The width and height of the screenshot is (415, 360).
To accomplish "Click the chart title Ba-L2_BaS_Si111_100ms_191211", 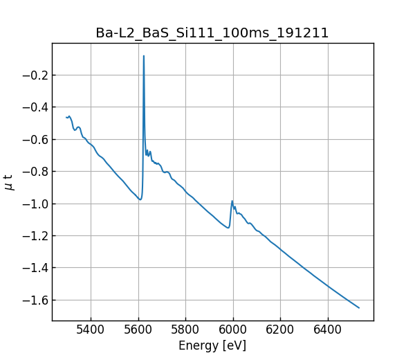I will [x=212, y=33].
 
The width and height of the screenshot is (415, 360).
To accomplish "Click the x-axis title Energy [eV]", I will [x=212, y=345].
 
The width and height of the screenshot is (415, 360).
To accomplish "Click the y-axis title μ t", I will [x=9, y=182].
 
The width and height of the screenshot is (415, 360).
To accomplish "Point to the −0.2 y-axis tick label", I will [x=34, y=75].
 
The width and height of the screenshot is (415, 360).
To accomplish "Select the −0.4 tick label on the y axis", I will [x=34, y=107].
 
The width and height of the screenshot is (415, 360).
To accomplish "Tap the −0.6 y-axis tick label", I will [x=34, y=139].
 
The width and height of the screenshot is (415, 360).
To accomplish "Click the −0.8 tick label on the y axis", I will [x=34, y=172].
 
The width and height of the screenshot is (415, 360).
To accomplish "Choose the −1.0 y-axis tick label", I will [x=34, y=204].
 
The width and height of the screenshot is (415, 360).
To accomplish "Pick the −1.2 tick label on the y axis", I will [x=34, y=236].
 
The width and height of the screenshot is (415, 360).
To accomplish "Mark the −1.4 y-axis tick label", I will [x=34, y=268].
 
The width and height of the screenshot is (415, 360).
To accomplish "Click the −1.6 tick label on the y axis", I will [x=34, y=300].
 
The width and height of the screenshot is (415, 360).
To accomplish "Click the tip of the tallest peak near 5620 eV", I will [x=144, y=56].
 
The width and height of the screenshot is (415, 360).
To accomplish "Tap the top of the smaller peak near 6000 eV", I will [x=232, y=201].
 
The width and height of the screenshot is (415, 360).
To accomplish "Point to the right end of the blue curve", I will [x=359, y=308].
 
